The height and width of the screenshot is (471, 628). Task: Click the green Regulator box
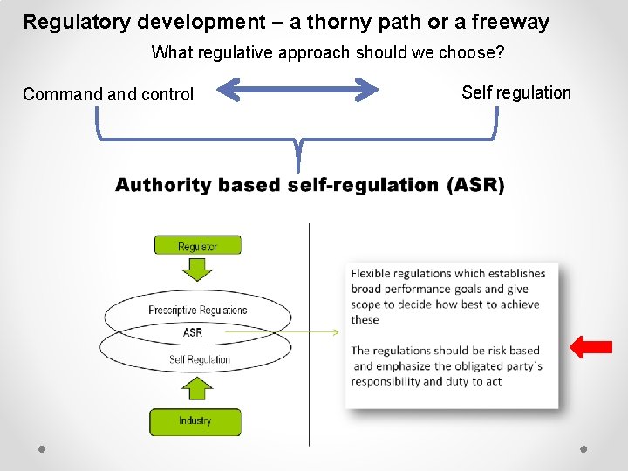[x=197, y=246]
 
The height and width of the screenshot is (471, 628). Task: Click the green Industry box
[x=195, y=421]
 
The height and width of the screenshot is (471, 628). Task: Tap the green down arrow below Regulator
[x=198, y=270]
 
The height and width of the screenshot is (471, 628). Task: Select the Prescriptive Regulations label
[x=197, y=310]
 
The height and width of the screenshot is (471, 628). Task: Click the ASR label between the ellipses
[x=193, y=332]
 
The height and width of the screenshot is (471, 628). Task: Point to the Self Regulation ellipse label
[x=199, y=359]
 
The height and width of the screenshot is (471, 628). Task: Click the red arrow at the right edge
[x=590, y=346]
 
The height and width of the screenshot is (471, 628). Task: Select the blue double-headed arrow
[x=297, y=90]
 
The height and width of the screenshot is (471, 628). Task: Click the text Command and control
[x=108, y=94]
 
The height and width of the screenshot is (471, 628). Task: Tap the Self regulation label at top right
[x=515, y=92]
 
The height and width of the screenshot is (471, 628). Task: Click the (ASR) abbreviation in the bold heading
[x=475, y=185]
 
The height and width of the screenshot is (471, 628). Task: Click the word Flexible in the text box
[x=372, y=273]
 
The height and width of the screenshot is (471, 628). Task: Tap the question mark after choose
[x=500, y=52]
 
